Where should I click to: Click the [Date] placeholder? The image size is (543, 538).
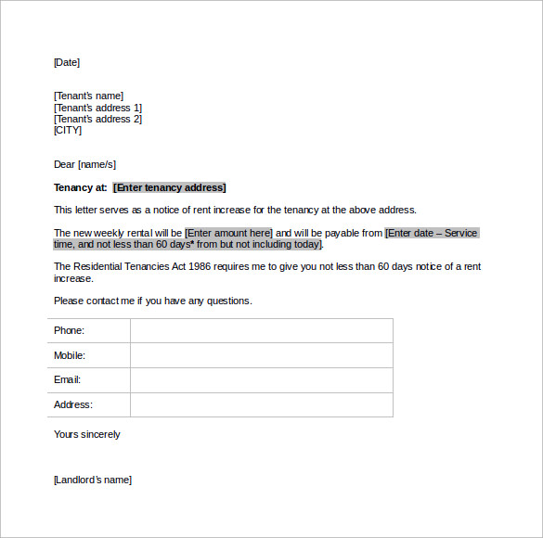click(67, 63)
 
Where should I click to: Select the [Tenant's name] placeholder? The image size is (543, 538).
click(88, 96)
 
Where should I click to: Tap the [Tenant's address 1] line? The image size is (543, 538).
click(97, 108)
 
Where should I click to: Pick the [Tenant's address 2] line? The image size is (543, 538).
click(97, 119)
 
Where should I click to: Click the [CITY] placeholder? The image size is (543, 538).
click(69, 130)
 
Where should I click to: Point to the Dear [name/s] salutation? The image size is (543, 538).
click(84, 164)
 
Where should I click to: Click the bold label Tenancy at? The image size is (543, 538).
click(81, 187)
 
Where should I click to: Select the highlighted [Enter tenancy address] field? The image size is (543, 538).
click(169, 187)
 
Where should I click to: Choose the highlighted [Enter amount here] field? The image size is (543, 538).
click(228, 233)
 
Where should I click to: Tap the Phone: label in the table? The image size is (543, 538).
click(69, 331)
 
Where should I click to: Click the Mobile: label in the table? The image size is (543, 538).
click(70, 355)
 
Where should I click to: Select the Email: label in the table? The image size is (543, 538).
click(67, 379)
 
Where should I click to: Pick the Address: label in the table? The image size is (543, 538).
click(73, 404)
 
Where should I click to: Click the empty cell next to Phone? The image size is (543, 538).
click(261, 331)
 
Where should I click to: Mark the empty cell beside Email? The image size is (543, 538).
click(261, 379)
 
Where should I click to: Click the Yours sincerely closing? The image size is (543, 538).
click(86, 434)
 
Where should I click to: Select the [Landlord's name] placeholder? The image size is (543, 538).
click(92, 480)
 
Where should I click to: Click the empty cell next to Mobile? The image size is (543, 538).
click(261, 355)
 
